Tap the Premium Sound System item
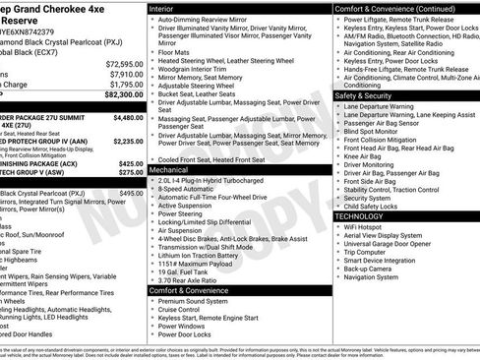pyautogui.click(x=196, y=301)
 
